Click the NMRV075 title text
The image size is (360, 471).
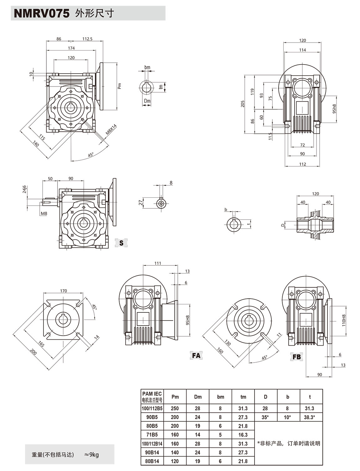pos(41,13)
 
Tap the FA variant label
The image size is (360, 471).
pos(196,355)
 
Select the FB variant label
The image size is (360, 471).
pos(296,357)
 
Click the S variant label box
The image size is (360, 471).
pos(121,243)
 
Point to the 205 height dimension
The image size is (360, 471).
pos(243,104)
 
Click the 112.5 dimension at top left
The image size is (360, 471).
pos(87,39)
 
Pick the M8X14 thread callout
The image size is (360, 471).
pos(111,129)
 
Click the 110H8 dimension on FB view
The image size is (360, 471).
pos(343,320)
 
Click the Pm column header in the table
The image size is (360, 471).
pos(175,397)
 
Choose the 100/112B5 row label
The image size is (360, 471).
pos(152,408)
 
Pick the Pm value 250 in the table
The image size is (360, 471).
pos(175,408)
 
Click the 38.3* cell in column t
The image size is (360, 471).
pos(310,417)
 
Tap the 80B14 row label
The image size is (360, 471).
pos(152,461)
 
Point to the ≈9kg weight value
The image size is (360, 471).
pos(92,455)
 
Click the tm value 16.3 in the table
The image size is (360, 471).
pos(243,435)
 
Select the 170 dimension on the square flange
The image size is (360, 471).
pos(63,291)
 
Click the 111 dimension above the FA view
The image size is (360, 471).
pos(158,263)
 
